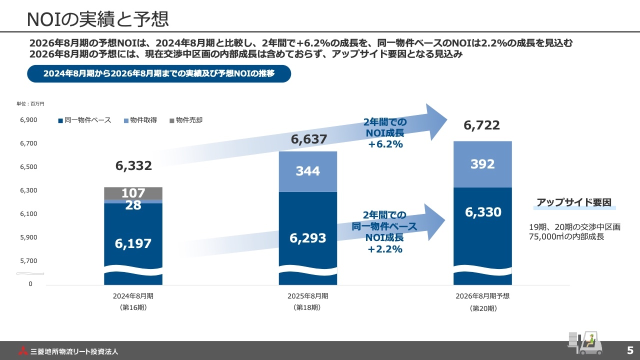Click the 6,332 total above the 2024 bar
[133, 166]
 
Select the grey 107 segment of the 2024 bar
[133, 193]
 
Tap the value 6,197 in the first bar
[133, 243]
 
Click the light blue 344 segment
[308, 171]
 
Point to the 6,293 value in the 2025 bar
[308, 238]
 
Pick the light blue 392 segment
[482, 164]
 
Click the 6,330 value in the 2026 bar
[483, 212]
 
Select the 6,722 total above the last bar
[481, 125]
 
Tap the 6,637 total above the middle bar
[309, 139]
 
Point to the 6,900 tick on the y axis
[28, 120]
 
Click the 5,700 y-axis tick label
[28, 260]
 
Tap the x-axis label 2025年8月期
[308, 296]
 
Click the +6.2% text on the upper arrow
[385, 144]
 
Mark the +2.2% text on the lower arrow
[385, 249]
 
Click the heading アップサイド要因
[574, 202]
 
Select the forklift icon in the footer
[583, 343]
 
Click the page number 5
[630, 350]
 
